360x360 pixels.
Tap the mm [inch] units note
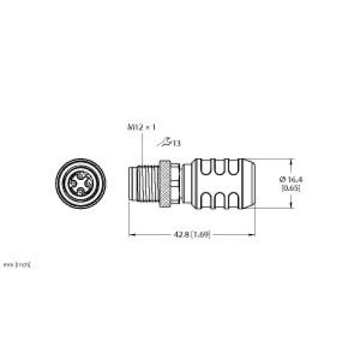pos(16,265)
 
